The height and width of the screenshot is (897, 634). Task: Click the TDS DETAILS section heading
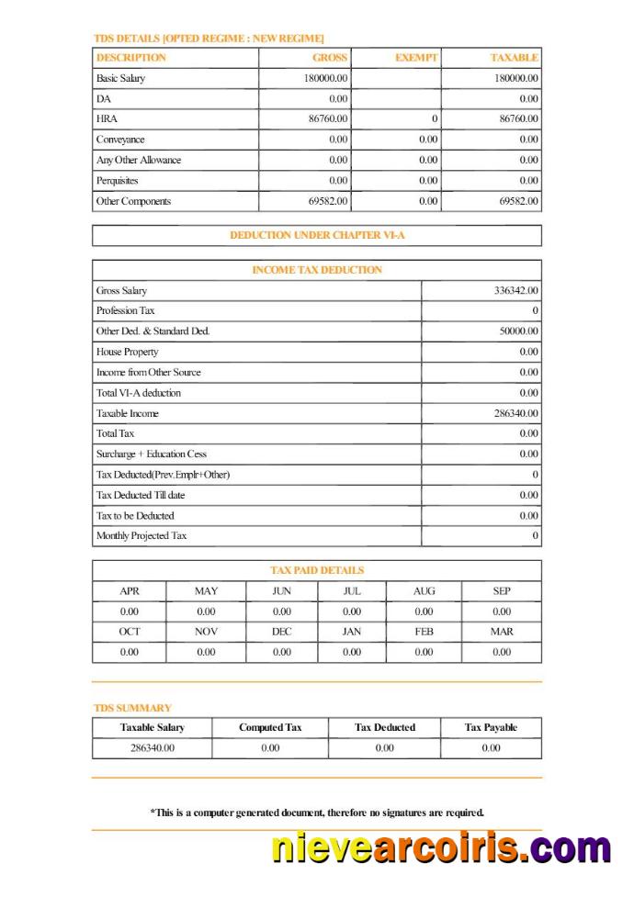[x=209, y=39]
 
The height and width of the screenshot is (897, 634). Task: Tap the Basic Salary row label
[x=120, y=79]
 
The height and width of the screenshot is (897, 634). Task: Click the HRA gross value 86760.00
[x=327, y=119]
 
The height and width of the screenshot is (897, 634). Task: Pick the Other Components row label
[x=133, y=201]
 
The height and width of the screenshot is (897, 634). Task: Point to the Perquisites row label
[x=117, y=181]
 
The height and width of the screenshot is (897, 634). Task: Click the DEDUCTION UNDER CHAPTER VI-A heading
[x=317, y=236]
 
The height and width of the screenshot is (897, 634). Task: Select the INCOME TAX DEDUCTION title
[x=317, y=270]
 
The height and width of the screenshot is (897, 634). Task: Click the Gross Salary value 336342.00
[x=515, y=291]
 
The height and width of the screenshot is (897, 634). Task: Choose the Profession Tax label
[x=125, y=311]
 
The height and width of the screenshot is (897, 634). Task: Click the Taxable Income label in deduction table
[x=127, y=414]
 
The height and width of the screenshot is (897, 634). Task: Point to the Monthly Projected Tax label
[x=141, y=536]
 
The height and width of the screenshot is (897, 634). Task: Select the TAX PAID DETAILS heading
[x=317, y=570]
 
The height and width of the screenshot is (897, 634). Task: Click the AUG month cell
[x=424, y=591]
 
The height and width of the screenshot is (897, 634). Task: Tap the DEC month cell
[x=281, y=632]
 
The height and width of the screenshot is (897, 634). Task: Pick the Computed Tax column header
[x=270, y=728]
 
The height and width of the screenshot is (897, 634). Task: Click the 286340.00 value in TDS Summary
[x=152, y=748]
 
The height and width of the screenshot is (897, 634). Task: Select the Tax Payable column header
[x=491, y=728]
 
